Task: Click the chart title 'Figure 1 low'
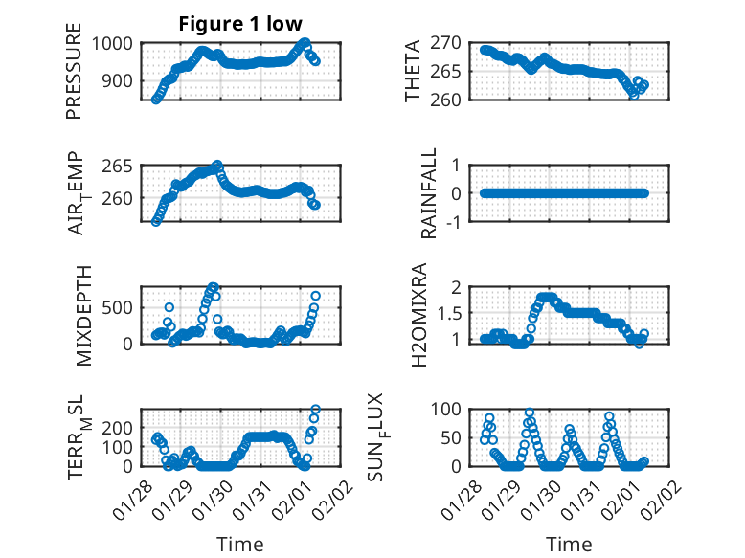point(240,24)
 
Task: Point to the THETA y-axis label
point(413,72)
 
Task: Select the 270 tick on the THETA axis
point(452,43)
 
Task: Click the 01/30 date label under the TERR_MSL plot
point(214,494)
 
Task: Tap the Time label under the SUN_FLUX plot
point(569,544)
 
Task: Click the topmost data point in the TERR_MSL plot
point(316,410)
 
